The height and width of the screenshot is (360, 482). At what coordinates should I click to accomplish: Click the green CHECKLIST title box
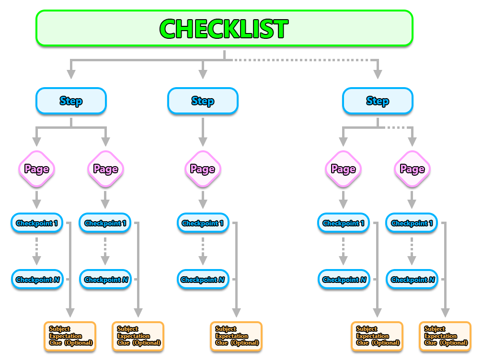(x=224, y=29)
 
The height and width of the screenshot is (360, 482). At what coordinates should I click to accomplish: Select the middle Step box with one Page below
(x=203, y=101)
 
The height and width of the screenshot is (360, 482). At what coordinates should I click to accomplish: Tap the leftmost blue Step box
(x=71, y=101)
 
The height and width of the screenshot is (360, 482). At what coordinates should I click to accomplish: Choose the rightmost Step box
(x=377, y=101)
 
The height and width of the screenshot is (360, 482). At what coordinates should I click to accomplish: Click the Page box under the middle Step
(x=203, y=169)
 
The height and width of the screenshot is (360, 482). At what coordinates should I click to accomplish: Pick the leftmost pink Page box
(x=36, y=169)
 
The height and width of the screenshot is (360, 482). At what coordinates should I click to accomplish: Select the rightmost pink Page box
(x=412, y=169)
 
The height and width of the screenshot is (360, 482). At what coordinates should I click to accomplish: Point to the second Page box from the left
(x=105, y=169)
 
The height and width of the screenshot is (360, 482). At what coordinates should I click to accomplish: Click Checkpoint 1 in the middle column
(x=203, y=223)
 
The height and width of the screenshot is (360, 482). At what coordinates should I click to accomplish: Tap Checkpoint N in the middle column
(x=203, y=280)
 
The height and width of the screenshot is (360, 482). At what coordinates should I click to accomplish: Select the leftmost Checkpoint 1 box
(x=36, y=223)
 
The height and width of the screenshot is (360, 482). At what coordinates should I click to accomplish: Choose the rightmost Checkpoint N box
(x=412, y=280)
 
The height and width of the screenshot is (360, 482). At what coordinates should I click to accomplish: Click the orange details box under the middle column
(x=237, y=336)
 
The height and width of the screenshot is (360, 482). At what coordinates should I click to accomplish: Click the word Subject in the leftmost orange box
(x=59, y=329)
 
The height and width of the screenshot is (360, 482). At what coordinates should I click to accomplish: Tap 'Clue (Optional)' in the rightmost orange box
(x=446, y=343)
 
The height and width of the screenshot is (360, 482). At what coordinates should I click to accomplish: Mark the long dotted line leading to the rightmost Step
(x=302, y=60)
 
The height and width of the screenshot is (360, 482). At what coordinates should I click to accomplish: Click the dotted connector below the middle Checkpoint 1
(x=203, y=244)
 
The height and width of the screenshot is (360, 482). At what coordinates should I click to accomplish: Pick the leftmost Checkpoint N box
(x=36, y=280)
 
